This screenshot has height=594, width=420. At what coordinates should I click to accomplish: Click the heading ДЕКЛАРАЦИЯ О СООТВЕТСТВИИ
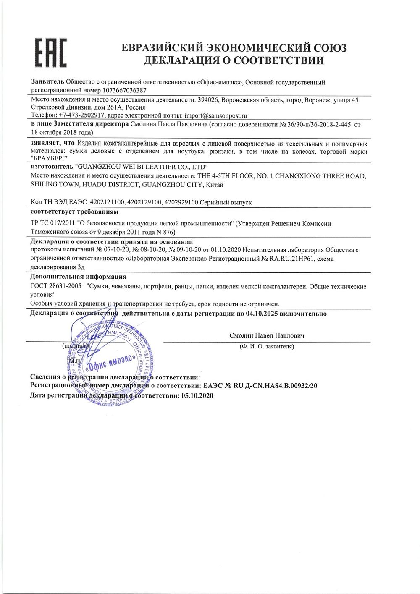point(234,61)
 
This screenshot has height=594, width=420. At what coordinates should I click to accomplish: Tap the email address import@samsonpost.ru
point(209,115)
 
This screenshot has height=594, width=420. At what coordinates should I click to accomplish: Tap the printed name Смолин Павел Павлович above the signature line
point(267,335)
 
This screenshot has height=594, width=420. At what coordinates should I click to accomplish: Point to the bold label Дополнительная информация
point(79,277)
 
